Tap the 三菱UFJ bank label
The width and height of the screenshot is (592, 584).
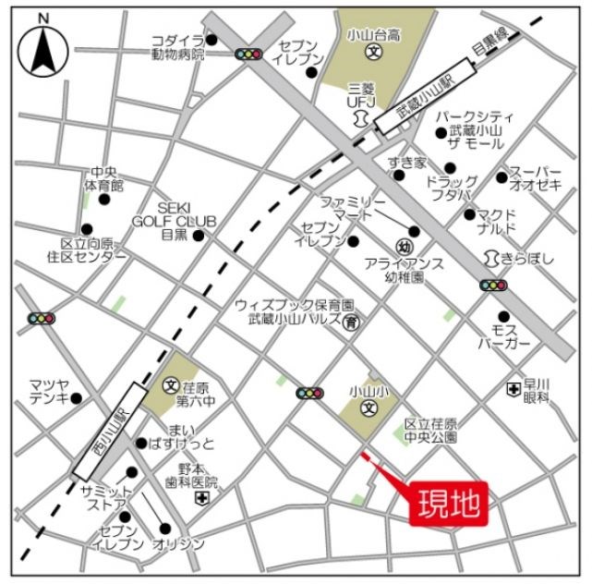[x=356, y=91]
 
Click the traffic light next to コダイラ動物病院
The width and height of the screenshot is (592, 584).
[x=248, y=55]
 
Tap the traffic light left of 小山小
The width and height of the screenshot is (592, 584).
[x=309, y=394]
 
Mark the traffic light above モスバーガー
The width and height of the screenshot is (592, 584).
[x=493, y=286]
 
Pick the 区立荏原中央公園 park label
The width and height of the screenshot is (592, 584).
[x=431, y=430]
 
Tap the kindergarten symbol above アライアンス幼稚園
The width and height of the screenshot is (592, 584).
[x=404, y=247]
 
